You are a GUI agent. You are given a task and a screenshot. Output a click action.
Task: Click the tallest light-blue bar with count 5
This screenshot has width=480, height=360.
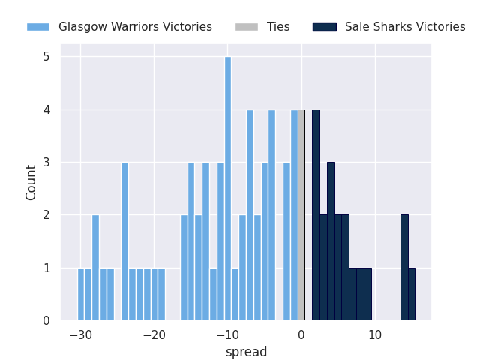click(x=228, y=188)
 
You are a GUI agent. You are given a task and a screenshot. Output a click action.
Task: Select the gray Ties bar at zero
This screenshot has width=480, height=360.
click(x=301, y=215)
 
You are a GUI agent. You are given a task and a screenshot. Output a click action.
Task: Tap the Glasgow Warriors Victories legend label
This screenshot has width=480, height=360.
click(x=135, y=27)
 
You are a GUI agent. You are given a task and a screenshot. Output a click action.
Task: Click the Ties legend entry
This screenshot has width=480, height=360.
click(x=278, y=27)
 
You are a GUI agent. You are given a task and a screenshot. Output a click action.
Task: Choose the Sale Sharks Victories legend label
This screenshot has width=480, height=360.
click(x=405, y=27)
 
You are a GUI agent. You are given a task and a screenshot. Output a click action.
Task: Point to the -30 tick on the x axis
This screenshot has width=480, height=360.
click(x=80, y=335)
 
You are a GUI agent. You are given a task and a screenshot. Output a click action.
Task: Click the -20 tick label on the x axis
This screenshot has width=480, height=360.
click(x=154, y=335)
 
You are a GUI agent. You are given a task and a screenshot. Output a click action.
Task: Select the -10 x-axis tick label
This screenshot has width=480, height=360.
click(x=227, y=335)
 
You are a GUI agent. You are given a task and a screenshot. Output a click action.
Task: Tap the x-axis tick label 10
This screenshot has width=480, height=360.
click(x=374, y=335)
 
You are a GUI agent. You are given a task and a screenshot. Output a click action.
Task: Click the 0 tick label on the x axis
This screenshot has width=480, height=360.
click(x=301, y=335)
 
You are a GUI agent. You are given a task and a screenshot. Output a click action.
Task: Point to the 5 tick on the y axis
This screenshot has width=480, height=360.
click(x=46, y=57)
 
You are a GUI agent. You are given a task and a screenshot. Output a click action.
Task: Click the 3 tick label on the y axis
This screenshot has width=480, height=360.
click(x=46, y=163)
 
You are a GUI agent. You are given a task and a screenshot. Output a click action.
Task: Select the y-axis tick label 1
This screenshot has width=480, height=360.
click(x=46, y=268)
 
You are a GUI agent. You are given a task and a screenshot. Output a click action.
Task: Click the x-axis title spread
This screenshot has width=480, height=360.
click(x=246, y=352)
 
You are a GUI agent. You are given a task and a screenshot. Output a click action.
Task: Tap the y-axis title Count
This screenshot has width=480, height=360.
click(x=31, y=182)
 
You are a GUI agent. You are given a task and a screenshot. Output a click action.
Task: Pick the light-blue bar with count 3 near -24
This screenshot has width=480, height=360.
click(x=124, y=241)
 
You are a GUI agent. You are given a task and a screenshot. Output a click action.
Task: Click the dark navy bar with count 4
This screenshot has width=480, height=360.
click(x=316, y=215)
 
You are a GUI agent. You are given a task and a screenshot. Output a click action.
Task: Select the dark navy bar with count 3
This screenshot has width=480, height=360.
click(x=331, y=241)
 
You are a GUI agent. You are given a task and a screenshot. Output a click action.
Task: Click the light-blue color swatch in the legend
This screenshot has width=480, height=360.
click(x=38, y=27)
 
